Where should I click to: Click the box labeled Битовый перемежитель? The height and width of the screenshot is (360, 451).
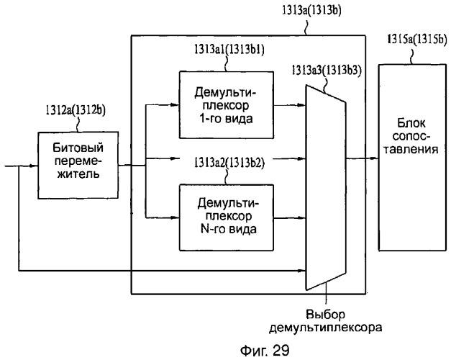click(78, 166)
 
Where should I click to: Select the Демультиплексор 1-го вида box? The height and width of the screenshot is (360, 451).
click(227, 105)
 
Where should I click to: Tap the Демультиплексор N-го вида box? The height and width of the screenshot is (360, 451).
click(227, 217)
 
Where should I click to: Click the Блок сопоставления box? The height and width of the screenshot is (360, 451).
click(412, 158)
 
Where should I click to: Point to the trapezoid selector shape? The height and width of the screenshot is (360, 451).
click(326, 187)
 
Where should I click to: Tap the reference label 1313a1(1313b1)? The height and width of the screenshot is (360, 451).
click(229, 50)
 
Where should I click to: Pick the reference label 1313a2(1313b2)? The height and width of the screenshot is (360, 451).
click(229, 163)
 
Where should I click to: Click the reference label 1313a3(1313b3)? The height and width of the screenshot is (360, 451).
click(327, 70)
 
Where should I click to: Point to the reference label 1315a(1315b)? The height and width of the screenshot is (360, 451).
click(417, 39)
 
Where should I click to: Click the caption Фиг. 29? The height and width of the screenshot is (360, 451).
click(265, 351)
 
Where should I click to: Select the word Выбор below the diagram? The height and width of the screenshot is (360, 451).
click(326, 314)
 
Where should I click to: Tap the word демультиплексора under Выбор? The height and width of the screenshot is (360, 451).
click(326, 328)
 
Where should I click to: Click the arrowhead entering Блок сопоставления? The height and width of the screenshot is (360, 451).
click(374, 158)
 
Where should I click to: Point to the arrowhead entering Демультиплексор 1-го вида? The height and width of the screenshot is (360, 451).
click(176, 105)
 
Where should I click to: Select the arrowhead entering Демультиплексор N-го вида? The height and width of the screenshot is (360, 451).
click(176, 217)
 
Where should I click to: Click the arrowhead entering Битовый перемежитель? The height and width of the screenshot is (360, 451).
click(34, 166)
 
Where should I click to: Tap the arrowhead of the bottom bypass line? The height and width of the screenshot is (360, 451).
click(301, 271)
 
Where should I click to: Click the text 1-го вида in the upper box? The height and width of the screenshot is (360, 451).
click(226, 119)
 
